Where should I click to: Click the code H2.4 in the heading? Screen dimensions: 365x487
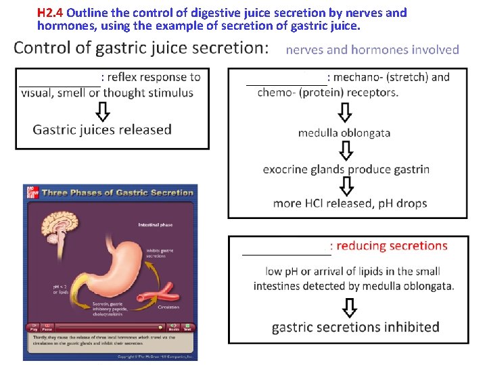tap(51, 13)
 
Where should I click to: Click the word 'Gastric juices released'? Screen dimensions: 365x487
tap(102, 129)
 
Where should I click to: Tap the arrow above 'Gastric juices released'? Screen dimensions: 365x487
tap(102, 110)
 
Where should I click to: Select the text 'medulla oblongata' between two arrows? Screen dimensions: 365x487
tap(344, 132)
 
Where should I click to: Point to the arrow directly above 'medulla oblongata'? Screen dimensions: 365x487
tap(345, 112)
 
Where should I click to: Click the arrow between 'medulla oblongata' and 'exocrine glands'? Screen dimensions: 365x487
tap(347, 151)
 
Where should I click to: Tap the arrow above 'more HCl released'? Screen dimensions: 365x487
tap(347, 186)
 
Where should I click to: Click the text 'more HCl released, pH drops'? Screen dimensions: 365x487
tap(350, 203)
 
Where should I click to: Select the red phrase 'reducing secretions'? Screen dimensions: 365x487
tap(392, 246)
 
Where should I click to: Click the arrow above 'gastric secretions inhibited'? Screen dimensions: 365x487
tap(349, 308)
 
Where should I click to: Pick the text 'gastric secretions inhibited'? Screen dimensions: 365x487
tap(355, 327)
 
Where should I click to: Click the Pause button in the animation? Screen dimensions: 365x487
tap(47, 327)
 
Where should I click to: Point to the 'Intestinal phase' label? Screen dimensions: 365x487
tap(156, 224)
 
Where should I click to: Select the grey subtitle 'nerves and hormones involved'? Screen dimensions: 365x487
tap(373, 49)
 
